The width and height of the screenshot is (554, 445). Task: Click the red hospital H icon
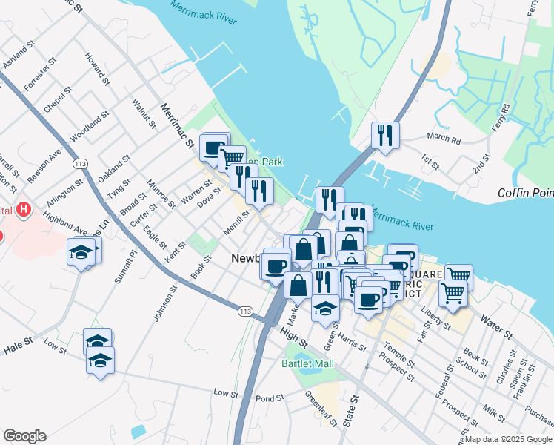(24, 210)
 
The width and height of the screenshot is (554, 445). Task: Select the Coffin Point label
(527, 194)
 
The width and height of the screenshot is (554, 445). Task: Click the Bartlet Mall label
(307, 363)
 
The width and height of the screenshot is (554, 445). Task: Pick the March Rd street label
(444, 138)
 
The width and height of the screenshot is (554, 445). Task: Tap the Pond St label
(270, 398)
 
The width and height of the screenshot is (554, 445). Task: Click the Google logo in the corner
(24, 436)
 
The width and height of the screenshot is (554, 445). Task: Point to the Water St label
(497, 327)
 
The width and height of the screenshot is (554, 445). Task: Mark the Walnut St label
(140, 114)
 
